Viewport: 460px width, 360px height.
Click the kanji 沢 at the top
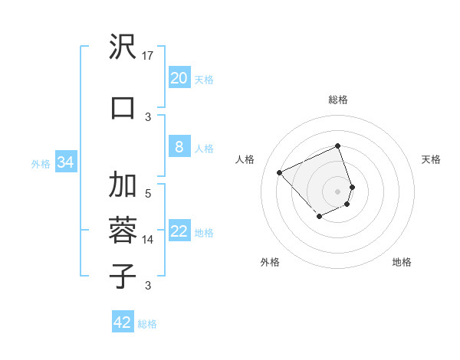pos(123,48)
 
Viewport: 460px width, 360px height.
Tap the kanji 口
pos(123,107)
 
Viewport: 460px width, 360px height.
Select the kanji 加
pos(123,185)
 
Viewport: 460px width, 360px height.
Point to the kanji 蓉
pos(123,230)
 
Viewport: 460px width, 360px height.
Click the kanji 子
pos(123,275)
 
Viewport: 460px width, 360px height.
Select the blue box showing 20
pos(179,78)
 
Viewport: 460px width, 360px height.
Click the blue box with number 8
pos(179,147)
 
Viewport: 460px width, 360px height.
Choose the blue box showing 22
pos(179,232)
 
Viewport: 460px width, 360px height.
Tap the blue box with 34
pos(65,162)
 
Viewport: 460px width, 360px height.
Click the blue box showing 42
pos(123,322)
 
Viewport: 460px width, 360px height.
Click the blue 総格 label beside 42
pos(147,324)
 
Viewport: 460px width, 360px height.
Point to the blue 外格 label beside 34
pos(41,163)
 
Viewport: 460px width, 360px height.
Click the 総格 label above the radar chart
pos(338,100)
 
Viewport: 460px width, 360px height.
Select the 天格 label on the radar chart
pos(431,159)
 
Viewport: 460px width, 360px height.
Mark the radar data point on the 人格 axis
pos(280,172)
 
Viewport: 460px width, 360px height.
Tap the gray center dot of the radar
pos(338,191)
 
